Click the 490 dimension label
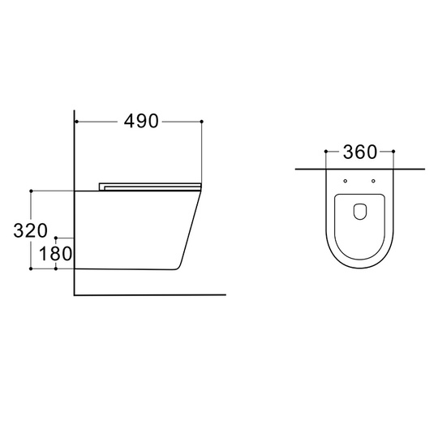tap(141, 121)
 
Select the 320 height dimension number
tap(31, 230)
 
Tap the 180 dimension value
tap(56, 254)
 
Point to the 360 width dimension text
tap(360, 152)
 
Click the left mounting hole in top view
tap(346, 181)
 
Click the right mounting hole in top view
tap(373, 181)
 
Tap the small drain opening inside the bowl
tap(360, 212)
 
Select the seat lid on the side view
tap(150, 187)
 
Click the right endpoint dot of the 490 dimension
tap(202, 122)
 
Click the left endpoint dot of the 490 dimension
tap(76, 122)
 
